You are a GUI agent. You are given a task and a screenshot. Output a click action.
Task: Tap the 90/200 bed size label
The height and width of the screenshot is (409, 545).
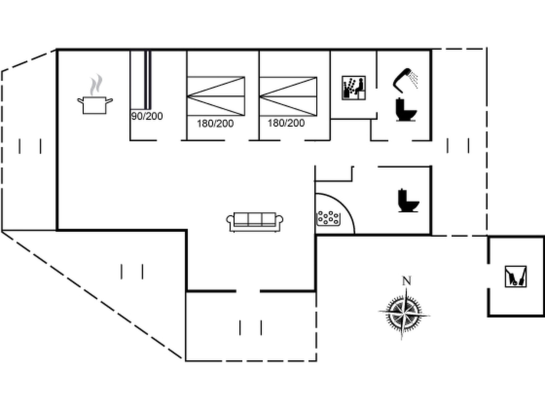[147, 116]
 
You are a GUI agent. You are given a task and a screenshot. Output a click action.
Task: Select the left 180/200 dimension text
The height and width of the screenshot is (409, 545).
[215, 124]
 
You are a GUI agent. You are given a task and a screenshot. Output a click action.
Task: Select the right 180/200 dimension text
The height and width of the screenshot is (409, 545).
[286, 123]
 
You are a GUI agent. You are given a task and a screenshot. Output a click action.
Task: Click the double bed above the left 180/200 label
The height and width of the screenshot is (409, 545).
[216, 96]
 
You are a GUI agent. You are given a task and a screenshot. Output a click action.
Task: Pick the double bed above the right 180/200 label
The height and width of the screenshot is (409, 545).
[288, 96]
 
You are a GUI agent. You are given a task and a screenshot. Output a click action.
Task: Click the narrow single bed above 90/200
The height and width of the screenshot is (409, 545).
[148, 80]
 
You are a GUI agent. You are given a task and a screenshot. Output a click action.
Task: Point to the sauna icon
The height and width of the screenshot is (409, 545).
[354, 88]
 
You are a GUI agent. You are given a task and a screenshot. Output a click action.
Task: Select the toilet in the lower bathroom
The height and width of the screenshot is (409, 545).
[408, 201]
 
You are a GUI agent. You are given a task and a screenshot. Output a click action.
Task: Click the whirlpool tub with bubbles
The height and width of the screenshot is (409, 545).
[329, 219]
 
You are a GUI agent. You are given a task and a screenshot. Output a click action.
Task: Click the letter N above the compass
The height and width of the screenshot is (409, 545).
[406, 281]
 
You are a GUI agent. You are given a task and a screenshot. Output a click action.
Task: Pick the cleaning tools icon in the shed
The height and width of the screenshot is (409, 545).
[515, 277]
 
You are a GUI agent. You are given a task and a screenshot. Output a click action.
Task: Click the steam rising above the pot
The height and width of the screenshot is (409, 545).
[96, 84]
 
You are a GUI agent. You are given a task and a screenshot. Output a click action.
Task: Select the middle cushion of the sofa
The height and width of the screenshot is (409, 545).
[255, 219]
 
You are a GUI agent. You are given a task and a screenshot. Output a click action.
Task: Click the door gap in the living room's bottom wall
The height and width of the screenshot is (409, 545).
[248, 291]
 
